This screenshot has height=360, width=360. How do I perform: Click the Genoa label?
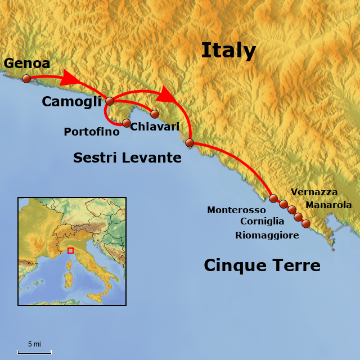tap(26, 63)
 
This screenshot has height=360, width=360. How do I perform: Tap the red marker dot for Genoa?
tap(26, 79)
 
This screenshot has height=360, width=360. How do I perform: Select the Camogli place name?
tap(71, 102)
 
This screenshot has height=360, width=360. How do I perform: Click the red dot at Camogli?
tap(110, 101)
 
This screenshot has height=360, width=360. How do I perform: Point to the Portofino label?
tap(92, 132)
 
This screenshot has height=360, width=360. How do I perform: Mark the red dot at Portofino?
tap(127, 123)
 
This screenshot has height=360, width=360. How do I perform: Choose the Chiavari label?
tap(155, 127)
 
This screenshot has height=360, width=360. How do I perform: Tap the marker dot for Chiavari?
tap(155, 114)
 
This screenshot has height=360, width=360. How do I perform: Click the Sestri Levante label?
tap(127, 158)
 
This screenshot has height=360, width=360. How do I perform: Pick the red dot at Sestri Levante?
tap(190, 143)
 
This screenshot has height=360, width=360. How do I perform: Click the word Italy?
tap(228, 51)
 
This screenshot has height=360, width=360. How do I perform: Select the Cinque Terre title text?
tap(262, 265)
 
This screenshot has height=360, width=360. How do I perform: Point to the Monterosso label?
tap(236, 210)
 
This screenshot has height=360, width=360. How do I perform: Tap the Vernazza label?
tap(314, 192)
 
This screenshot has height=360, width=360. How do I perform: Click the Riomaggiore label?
tap(267, 235)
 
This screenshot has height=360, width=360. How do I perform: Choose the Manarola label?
tap(328, 205)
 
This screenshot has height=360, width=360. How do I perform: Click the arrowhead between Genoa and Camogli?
tap(70, 78)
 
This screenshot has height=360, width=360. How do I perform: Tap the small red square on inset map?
tap(70, 250)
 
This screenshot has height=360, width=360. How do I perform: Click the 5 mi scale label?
tap(34, 344)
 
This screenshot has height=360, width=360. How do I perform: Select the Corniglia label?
tap(262, 222)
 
